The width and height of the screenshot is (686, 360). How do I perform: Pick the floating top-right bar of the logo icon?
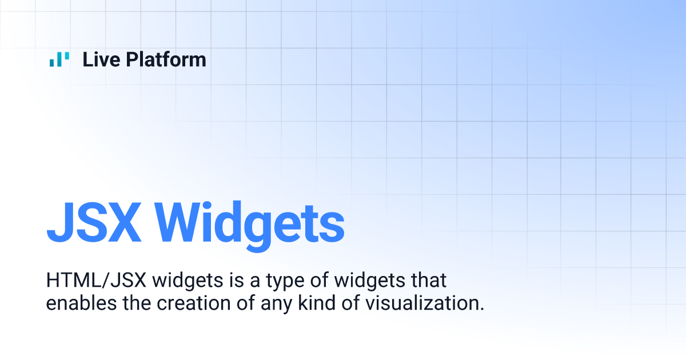click(x=68, y=56)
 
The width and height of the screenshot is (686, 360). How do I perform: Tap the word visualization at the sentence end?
click(x=421, y=303)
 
